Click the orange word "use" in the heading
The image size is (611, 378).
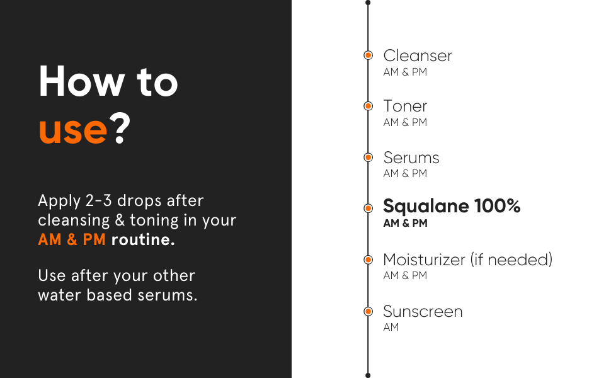[x=73, y=130]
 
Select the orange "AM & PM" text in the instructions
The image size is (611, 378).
[x=72, y=239]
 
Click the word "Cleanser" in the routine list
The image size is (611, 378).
[x=418, y=55]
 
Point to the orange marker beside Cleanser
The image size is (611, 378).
[x=368, y=55]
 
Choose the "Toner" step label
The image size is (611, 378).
[x=405, y=106]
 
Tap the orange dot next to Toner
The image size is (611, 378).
[x=368, y=106]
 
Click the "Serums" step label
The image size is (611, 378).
[x=411, y=158]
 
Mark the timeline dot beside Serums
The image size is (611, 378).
[x=368, y=157]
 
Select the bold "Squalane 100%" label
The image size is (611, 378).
[x=452, y=206]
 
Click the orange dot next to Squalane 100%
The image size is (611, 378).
[x=368, y=209]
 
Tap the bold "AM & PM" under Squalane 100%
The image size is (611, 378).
[x=405, y=223]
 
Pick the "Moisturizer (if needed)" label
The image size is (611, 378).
[x=467, y=260]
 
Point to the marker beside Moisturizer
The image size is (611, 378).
[x=368, y=260]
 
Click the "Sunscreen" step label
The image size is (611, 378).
[x=423, y=312]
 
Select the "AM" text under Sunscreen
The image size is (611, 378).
[x=391, y=328]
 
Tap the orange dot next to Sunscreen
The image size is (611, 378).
[x=368, y=311]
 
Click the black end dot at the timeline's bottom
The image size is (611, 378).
[x=368, y=375]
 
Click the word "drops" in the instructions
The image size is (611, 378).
[x=139, y=201]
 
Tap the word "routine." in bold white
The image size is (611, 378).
[x=143, y=239]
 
